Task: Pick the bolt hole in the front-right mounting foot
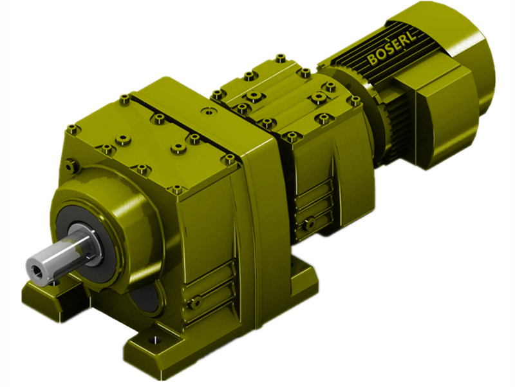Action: point(153,339)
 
